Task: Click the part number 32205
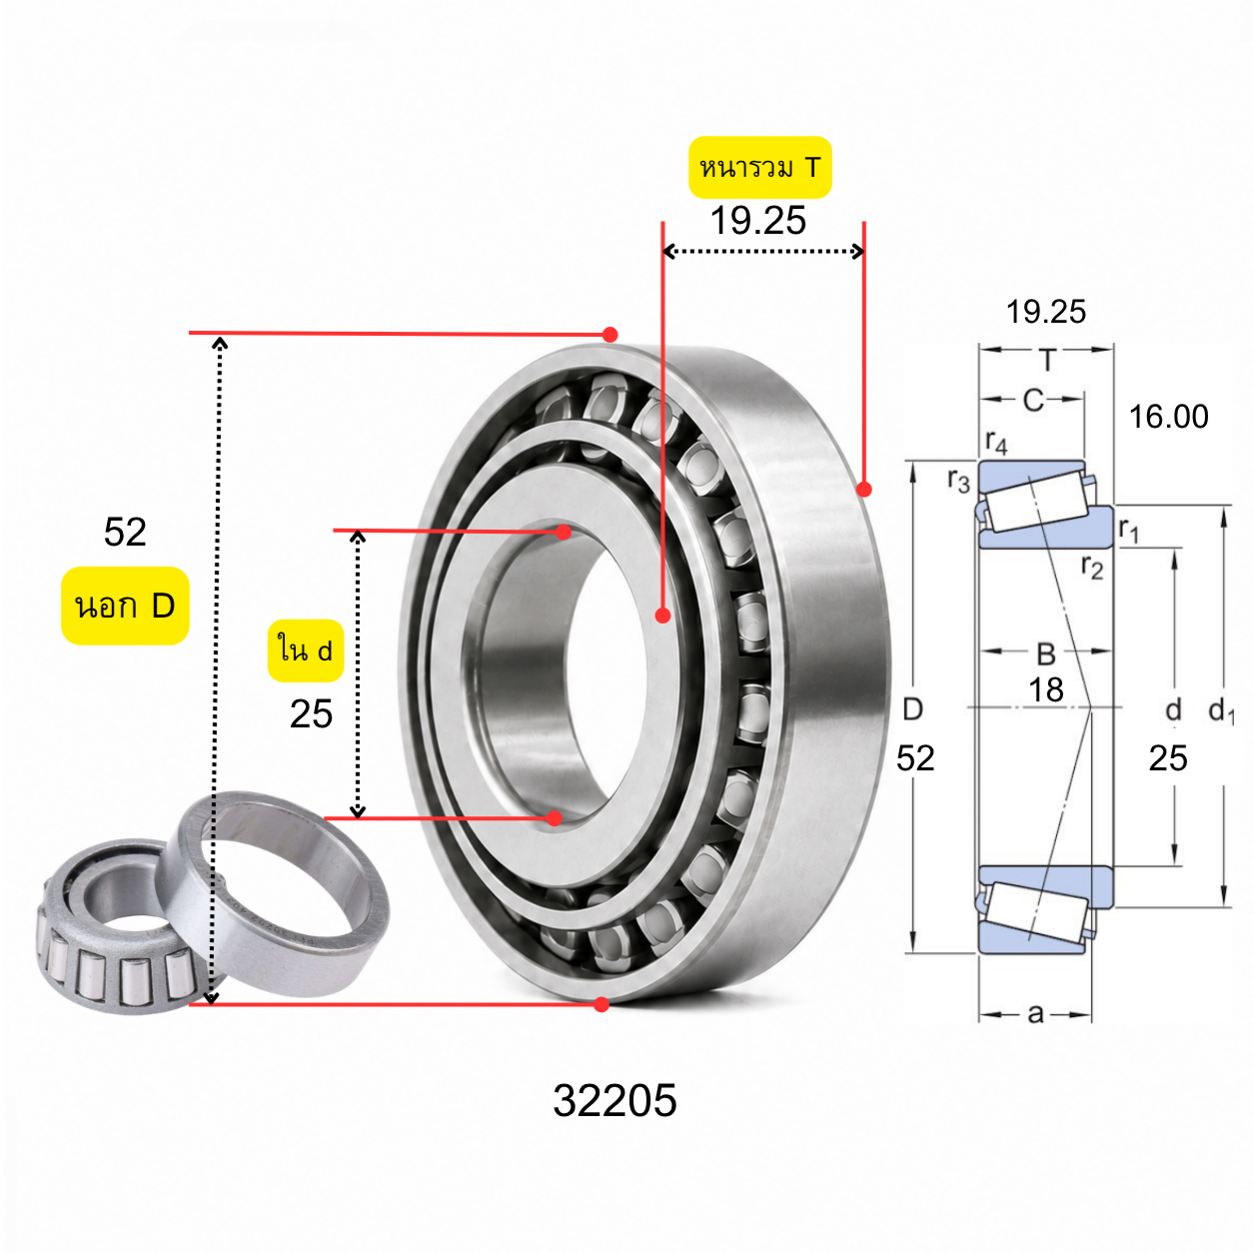[x=615, y=1101]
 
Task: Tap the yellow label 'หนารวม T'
[x=759, y=167]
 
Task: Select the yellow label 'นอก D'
[x=125, y=606]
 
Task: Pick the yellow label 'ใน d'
[x=306, y=650]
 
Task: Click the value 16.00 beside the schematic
[x=1168, y=417]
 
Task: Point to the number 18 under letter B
[x=1045, y=689]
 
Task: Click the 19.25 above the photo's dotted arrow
[x=758, y=221]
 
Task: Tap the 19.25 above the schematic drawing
[x=1045, y=312]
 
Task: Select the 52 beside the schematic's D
[x=915, y=758]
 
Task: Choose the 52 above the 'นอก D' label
[x=125, y=532]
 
